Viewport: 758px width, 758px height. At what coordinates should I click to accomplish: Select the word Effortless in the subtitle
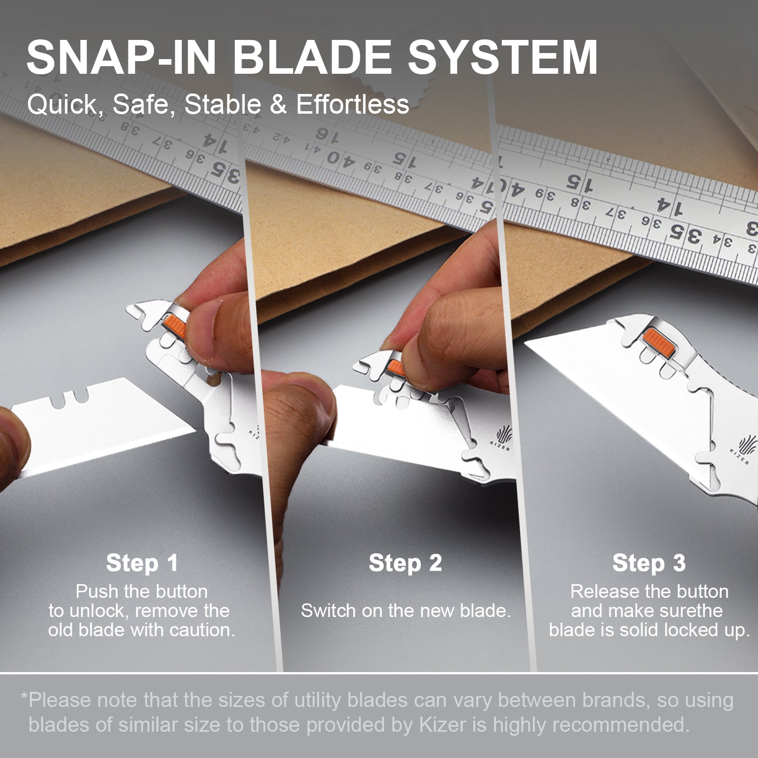352,105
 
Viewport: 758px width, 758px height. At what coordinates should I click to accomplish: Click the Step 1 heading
142,563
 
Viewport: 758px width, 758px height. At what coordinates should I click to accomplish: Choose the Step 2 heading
405,563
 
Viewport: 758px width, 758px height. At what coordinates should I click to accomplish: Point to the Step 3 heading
649,563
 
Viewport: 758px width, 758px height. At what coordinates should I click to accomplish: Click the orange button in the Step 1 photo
174,325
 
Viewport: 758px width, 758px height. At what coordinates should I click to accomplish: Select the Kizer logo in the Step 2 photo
502,437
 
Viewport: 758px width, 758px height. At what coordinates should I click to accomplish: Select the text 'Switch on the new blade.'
405,610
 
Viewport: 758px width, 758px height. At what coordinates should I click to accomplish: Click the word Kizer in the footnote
442,725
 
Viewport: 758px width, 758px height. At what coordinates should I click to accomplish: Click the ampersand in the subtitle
278,105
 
